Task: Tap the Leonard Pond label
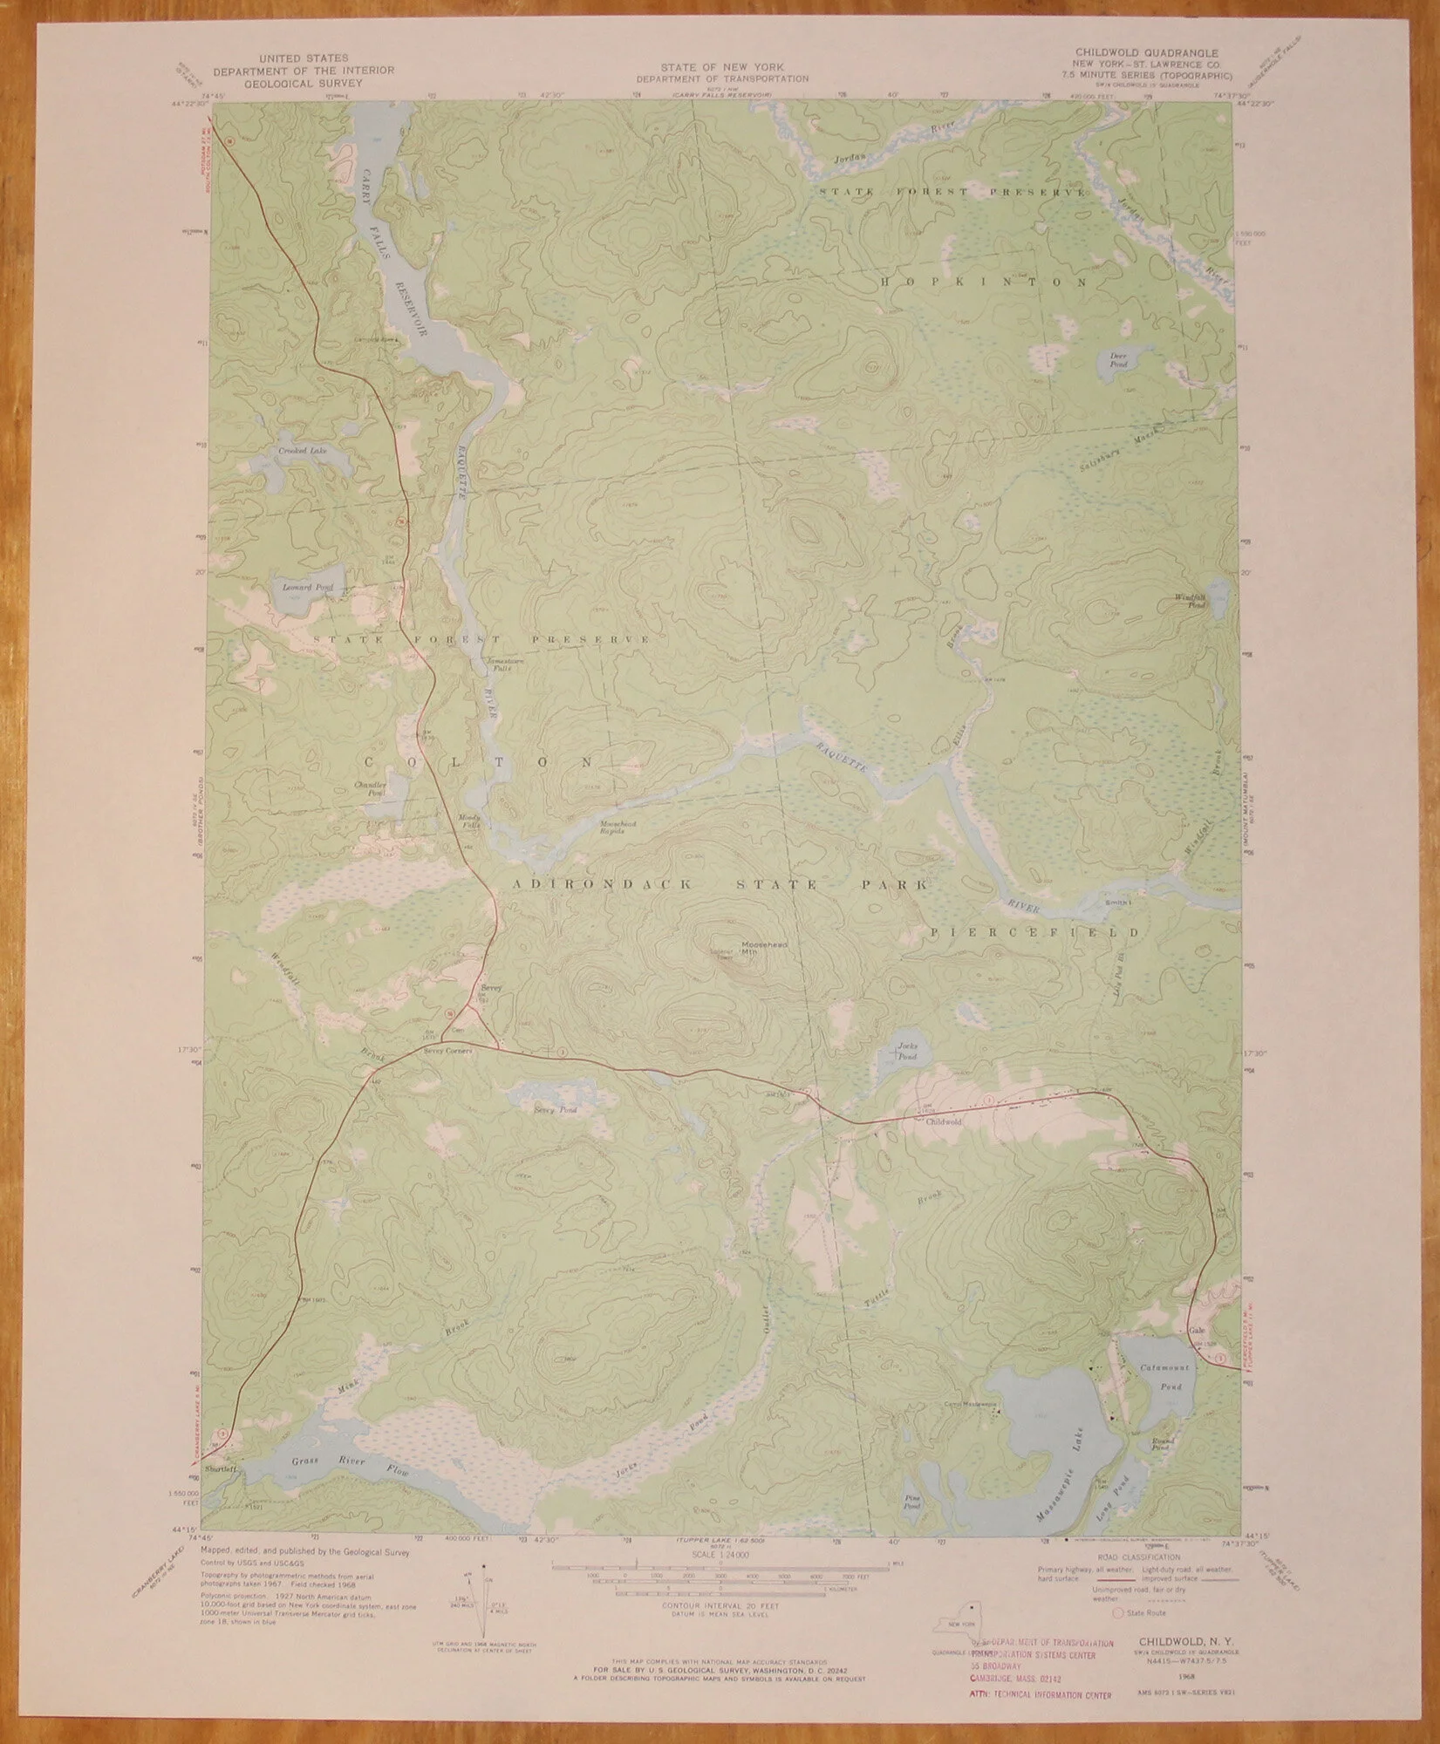click(x=303, y=587)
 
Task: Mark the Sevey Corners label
click(x=447, y=1053)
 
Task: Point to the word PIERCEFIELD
click(x=1034, y=932)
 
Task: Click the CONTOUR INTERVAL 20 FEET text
click(x=720, y=1605)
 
